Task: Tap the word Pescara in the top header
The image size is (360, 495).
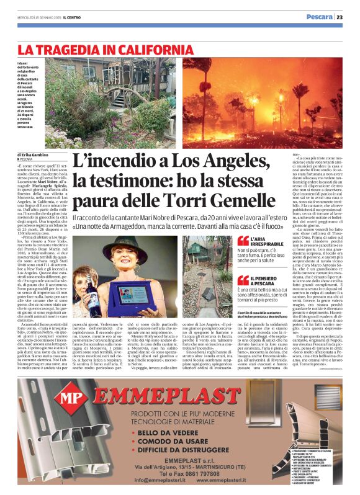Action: point(320,17)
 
